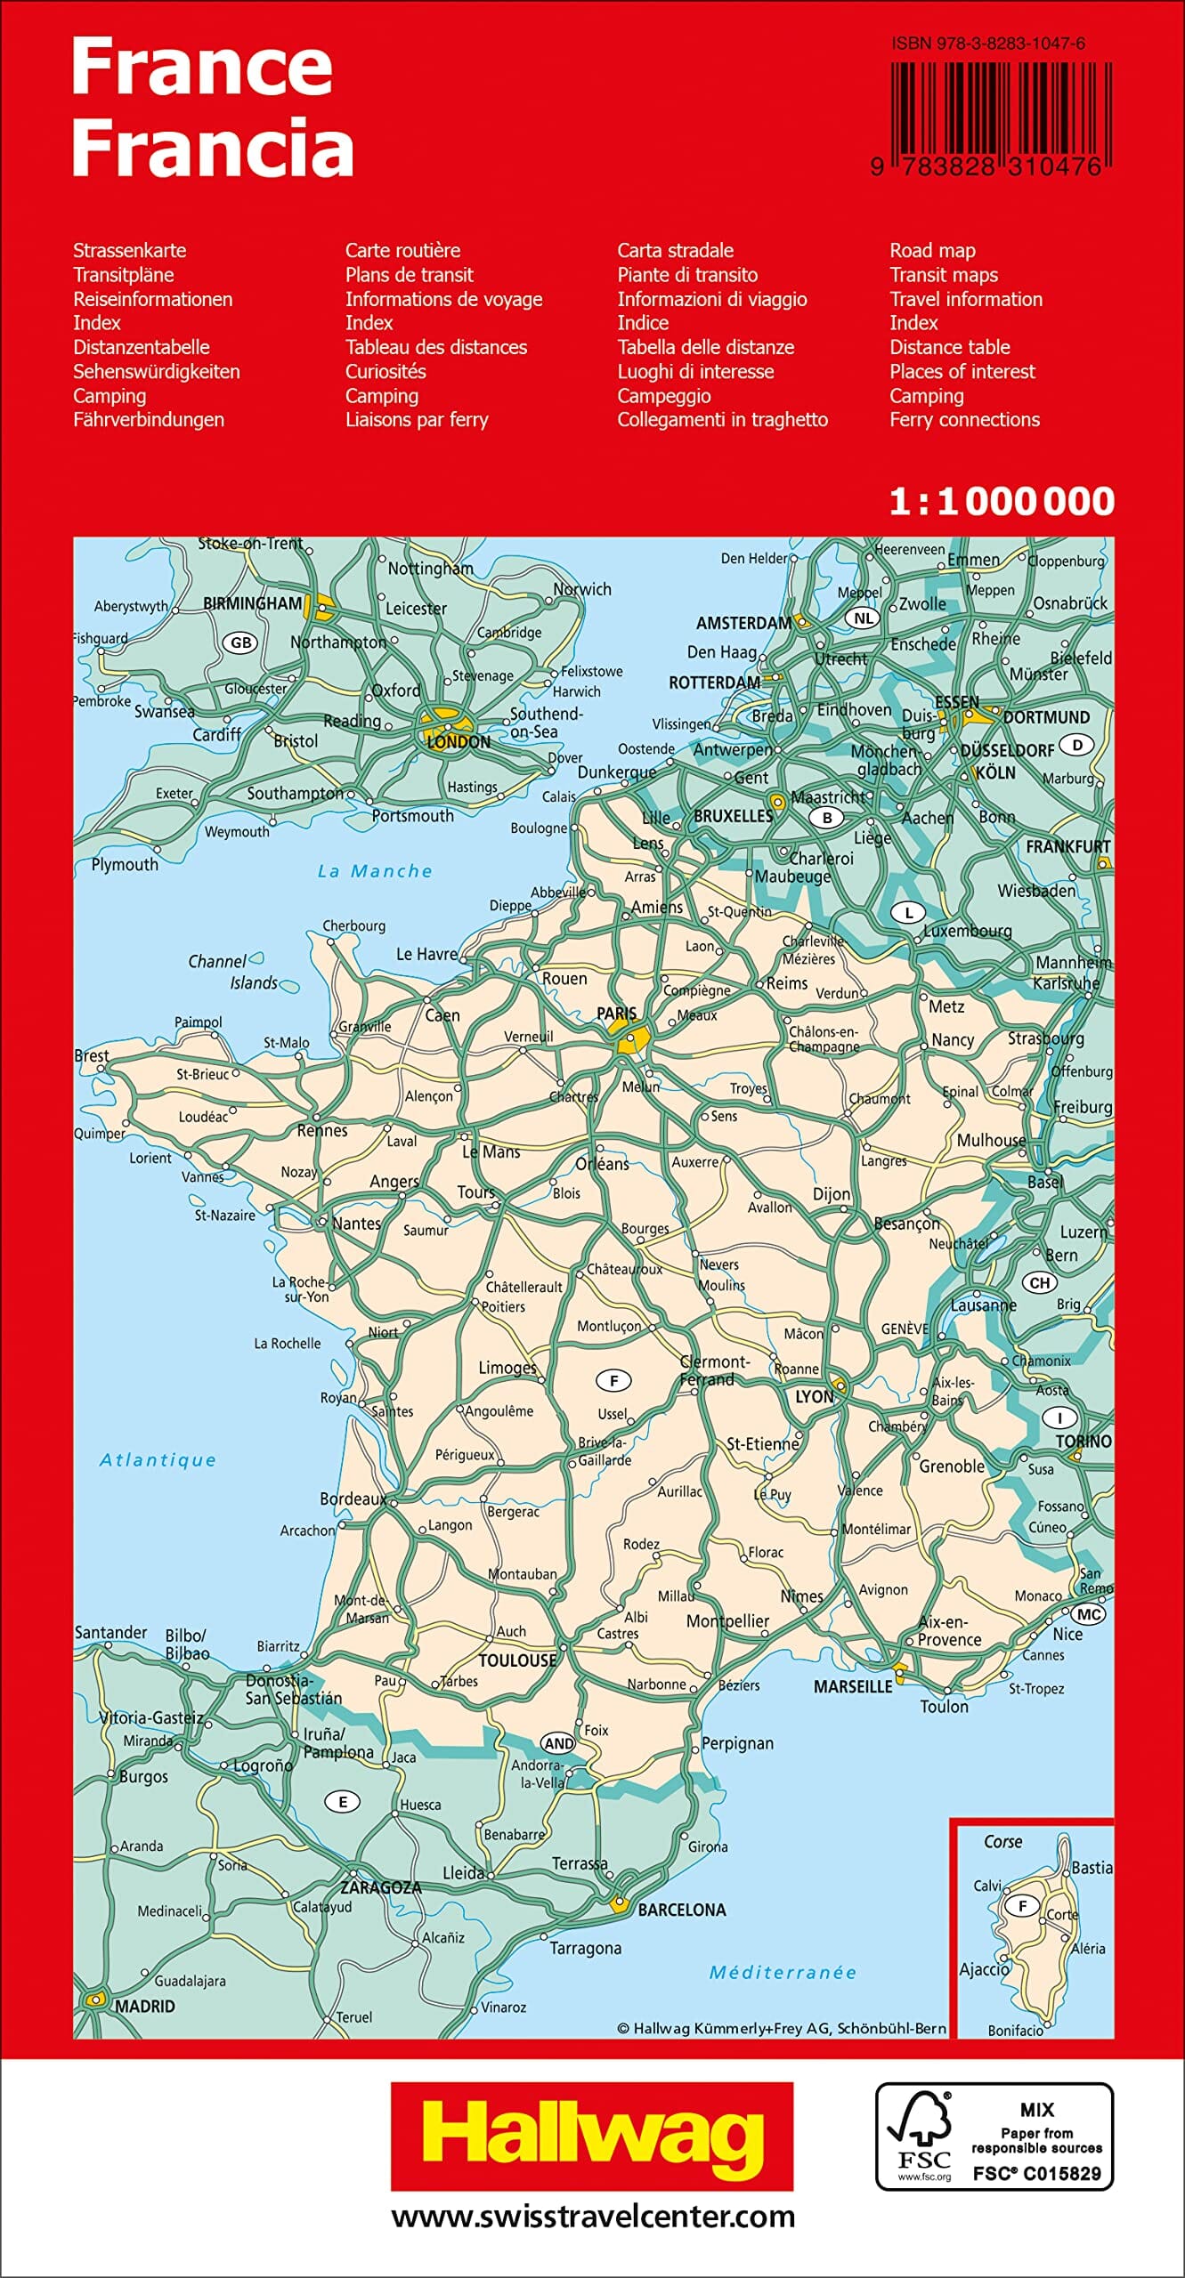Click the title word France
tap(201, 67)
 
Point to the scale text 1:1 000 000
tap(1002, 502)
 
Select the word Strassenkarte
tap(130, 251)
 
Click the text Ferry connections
tap(964, 420)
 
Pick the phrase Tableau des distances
tap(436, 347)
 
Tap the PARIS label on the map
tap(616, 1014)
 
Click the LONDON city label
tap(459, 742)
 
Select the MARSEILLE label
tap(852, 1686)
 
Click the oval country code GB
tap(240, 642)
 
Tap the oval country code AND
tap(558, 1743)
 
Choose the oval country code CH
tap(1040, 1282)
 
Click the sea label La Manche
tap(375, 871)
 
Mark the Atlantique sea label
tap(158, 1460)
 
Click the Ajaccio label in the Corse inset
tap(984, 1970)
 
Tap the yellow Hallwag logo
tap(592, 2136)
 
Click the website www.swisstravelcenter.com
tap(592, 2216)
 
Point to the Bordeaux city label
tap(353, 1499)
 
